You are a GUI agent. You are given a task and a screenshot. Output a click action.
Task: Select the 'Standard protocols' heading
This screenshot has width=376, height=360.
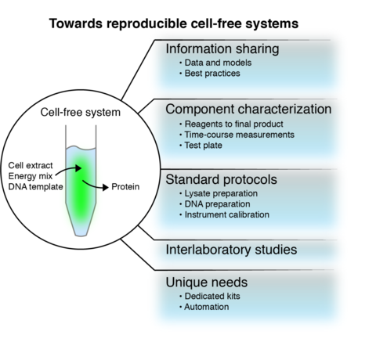[x=222, y=179]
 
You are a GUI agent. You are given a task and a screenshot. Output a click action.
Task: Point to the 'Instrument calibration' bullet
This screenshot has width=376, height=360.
[x=228, y=214]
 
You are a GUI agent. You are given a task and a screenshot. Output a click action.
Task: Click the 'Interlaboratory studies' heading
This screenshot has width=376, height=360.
[x=231, y=250]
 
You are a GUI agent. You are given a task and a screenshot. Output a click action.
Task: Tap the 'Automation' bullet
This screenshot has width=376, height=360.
[x=207, y=308]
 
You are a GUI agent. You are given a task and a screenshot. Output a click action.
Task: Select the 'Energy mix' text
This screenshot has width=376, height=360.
[x=31, y=178]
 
